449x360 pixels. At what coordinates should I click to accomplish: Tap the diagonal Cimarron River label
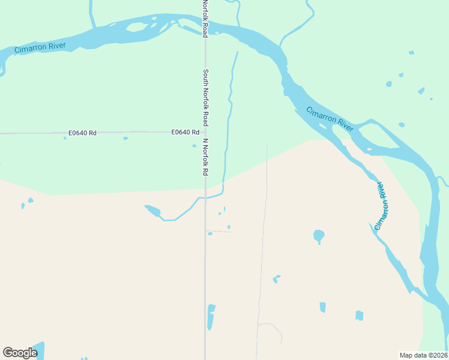point(330,118)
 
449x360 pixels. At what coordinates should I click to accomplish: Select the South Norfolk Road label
point(205,97)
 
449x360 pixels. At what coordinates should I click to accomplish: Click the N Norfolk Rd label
point(205,157)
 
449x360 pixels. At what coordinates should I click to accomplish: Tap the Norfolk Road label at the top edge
point(205,19)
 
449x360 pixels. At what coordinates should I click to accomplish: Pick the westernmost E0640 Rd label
point(82,133)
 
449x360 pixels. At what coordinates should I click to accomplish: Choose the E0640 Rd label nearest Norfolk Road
point(185,132)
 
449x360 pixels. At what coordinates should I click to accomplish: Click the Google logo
point(20,353)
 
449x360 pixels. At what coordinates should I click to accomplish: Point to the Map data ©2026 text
point(424,355)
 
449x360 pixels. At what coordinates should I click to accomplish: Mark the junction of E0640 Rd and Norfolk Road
point(205,132)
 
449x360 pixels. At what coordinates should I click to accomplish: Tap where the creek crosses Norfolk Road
point(205,197)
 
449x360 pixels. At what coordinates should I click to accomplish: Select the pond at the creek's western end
point(152,210)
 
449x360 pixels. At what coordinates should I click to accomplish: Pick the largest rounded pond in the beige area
point(319,236)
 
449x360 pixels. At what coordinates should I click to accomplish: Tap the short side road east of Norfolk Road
point(218,231)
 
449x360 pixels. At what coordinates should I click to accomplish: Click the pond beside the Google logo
point(37,349)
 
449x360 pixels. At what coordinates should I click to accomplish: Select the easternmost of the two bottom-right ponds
point(359,315)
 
